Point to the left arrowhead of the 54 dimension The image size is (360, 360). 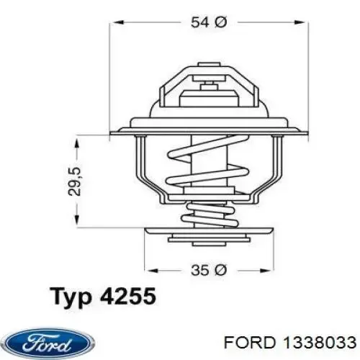115,23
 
